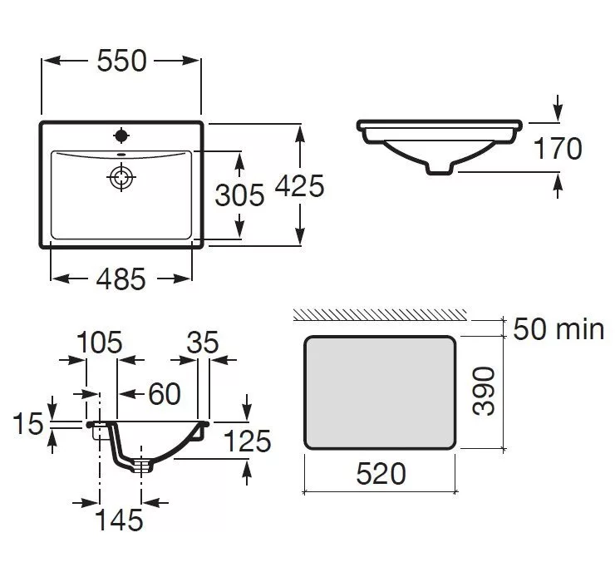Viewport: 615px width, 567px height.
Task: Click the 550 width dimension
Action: coord(121,61)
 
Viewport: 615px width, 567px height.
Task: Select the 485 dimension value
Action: coord(121,279)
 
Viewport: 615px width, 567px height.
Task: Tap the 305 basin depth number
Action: coord(239,195)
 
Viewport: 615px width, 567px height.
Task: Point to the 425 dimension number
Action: coord(299,185)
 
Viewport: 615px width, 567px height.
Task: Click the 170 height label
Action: coord(558,148)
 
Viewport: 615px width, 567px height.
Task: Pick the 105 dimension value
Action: coord(100,343)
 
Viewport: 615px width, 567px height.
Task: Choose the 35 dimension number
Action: coord(203,343)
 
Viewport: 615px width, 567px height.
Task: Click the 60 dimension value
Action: coord(165,394)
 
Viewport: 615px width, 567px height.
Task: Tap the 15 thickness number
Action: coord(28,423)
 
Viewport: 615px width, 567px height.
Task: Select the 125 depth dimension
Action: coord(247,441)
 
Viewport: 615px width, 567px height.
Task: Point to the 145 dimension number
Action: coord(119,520)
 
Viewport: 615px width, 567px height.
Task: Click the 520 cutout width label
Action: coord(381,474)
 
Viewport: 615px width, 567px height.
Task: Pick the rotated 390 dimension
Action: coord(484,391)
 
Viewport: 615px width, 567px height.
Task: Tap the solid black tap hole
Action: coord(121,136)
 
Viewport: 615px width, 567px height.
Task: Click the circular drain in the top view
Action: coord(121,177)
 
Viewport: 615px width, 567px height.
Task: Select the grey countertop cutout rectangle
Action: coord(380,392)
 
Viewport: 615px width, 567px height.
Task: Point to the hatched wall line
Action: coord(380,315)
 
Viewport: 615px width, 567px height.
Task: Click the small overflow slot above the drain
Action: coord(121,154)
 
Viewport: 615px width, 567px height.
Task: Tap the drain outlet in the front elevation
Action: coord(440,170)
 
